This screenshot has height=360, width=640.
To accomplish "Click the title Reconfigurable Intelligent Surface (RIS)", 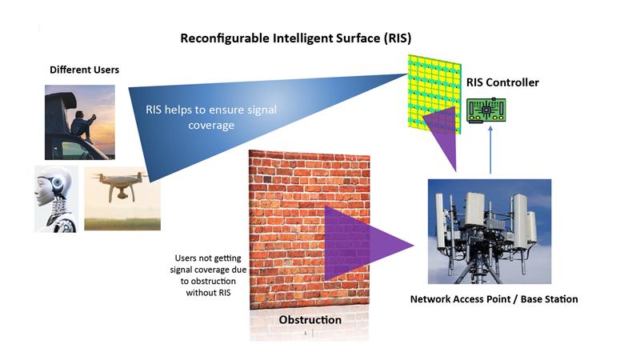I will (295, 38).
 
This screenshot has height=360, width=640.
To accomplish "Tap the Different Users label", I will (84, 70).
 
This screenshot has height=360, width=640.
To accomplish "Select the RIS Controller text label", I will (502, 82).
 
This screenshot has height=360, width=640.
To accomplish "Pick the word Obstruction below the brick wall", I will (310, 320).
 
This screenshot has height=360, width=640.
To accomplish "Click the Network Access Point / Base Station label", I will (494, 299).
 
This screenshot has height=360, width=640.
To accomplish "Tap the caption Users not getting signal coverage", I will (210, 276).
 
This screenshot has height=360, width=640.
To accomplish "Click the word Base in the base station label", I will (523, 299).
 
